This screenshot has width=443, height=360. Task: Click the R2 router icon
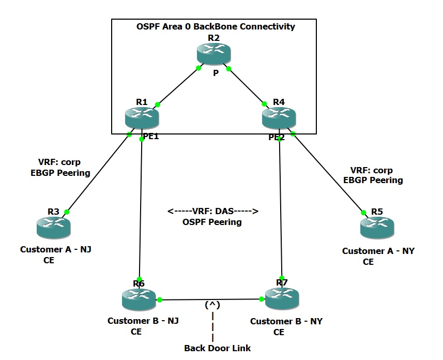coord(213,54)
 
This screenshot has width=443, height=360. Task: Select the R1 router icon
coord(142,118)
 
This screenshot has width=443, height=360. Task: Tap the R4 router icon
coord(279,118)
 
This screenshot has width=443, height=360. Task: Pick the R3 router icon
coord(53,227)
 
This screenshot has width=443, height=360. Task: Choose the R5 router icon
coord(377,227)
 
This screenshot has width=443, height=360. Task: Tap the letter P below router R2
coord(216,73)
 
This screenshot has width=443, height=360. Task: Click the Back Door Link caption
coord(217,348)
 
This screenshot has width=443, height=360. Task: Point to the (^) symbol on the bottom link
coord(212,305)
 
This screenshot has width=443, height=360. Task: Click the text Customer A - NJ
coord(56,249)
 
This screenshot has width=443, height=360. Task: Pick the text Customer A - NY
coord(378,251)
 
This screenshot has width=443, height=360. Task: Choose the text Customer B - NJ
coord(143,321)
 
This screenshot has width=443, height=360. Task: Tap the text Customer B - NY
coord(286,321)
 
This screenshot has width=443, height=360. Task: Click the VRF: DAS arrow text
coord(212,211)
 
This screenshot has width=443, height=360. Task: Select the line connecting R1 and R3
coord(98,173)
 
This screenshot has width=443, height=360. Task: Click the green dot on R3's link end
coord(67,212)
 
